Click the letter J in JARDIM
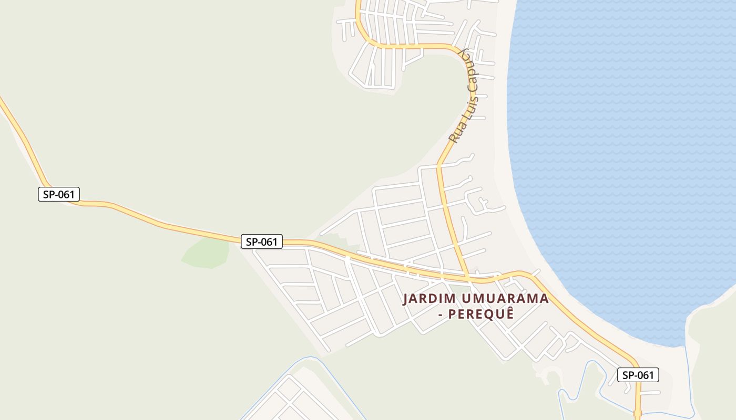[x=406, y=299]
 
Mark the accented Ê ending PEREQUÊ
[x=509, y=314]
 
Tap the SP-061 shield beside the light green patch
[x=262, y=241]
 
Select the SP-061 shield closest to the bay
[x=638, y=375]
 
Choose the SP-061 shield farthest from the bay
[x=58, y=194]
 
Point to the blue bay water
[x=620, y=157]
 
